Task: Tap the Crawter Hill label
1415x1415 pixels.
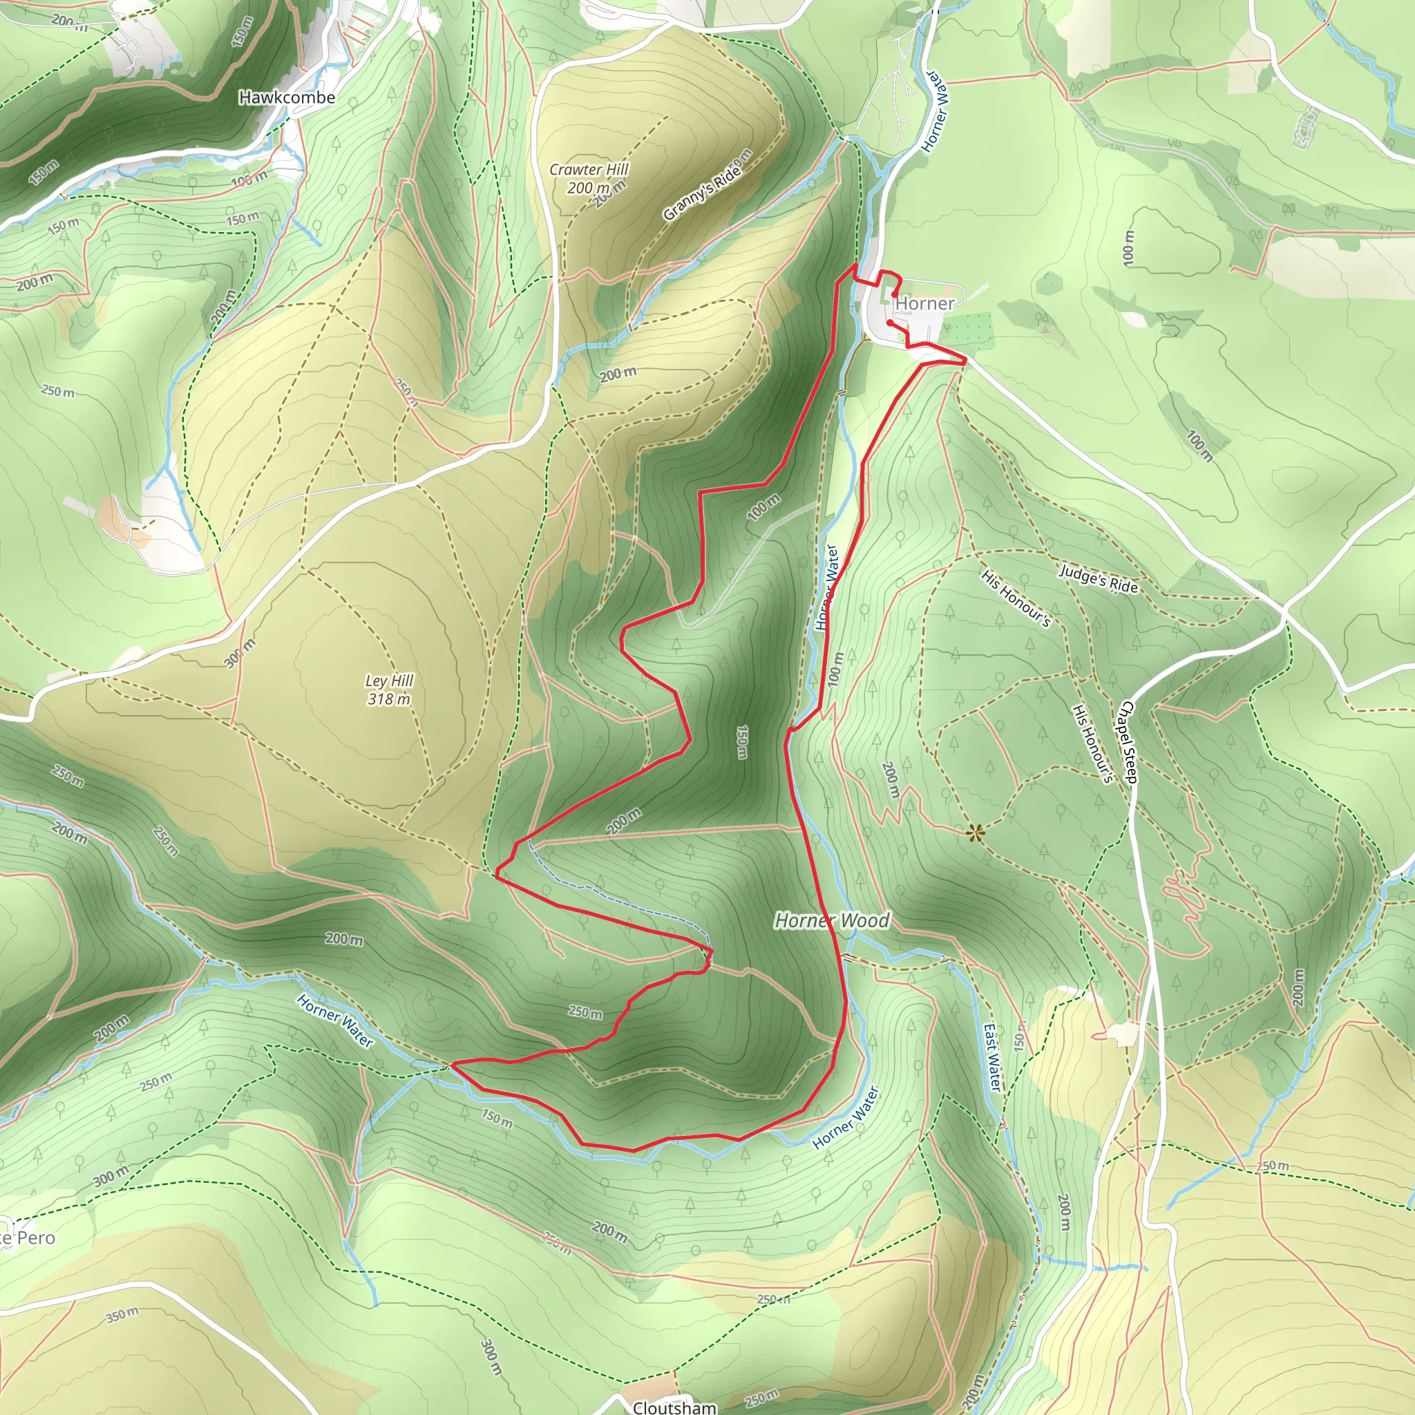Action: (x=589, y=169)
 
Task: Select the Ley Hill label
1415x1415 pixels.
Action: (x=390, y=681)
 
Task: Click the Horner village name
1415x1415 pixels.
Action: (x=925, y=303)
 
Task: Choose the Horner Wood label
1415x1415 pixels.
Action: (x=832, y=920)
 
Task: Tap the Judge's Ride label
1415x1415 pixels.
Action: (x=1099, y=578)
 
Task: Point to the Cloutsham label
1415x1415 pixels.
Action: (x=674, y=1407)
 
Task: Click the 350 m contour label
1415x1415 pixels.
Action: (x=122, y=1316)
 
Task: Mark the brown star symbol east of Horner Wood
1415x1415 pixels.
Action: (x=975, y=833)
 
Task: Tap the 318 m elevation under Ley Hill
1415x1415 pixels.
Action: (x=389, y=699)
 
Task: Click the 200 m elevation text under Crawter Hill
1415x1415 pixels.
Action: (x=588, y=187)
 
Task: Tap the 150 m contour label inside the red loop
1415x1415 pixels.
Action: (x=742, y=742)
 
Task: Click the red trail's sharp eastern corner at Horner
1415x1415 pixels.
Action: (x=965, y=359)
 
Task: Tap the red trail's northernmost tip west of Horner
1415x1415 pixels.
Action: (x=855, y=265)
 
